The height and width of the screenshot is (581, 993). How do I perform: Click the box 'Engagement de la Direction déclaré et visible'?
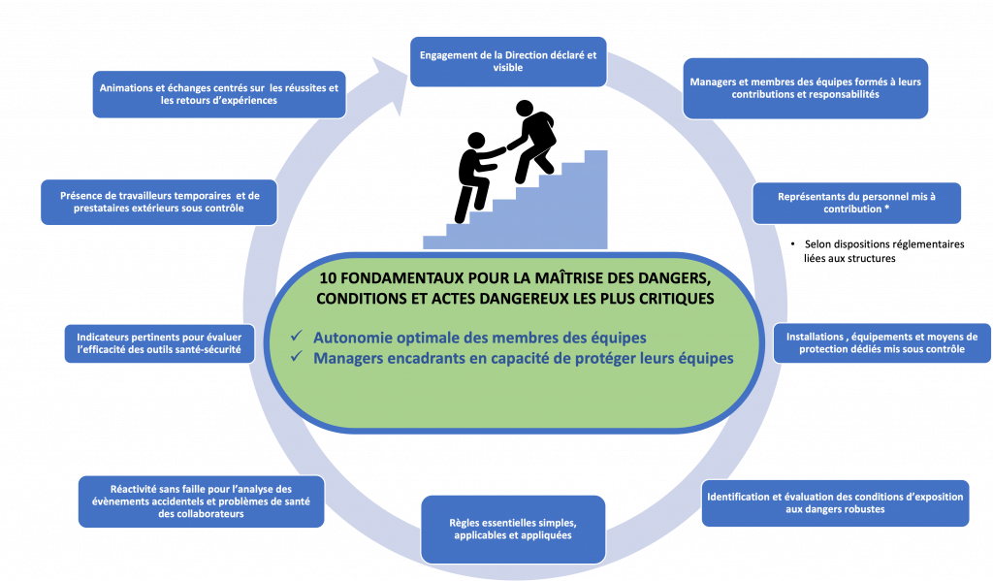[x=508, y=62]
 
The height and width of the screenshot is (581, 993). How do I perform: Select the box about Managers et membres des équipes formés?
[x=805, y=88]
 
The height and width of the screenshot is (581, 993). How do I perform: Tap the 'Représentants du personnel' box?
[x=856, y=203]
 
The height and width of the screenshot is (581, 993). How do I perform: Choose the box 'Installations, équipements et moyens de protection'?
[x=881, y=342]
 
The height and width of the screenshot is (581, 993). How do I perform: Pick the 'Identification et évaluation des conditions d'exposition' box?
[x=835, y=502]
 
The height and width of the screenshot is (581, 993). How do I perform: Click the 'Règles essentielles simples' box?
[x=513, y=529]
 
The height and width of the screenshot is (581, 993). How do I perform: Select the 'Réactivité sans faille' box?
[x=201, y=501]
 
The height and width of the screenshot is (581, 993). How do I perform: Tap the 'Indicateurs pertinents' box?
[x=159, y=342]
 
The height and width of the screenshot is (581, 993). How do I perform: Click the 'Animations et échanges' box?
[x=219, y=93]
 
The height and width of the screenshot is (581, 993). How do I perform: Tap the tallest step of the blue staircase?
[x=595, y=199]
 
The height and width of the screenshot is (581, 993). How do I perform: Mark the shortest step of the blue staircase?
[x=434, y=242]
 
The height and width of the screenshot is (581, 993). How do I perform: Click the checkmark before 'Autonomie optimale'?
[x=298, y=337]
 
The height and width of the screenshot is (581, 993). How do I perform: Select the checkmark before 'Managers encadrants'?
[x=298, y=358]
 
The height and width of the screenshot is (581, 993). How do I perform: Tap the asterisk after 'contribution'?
[x=887, y=210]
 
